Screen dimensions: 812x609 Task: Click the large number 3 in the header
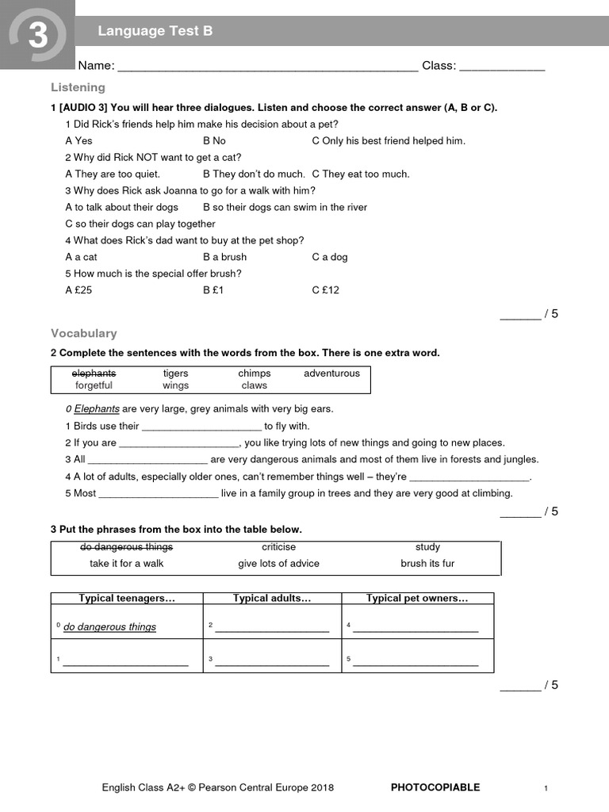click(x=38, y=36)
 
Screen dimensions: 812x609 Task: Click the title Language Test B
click(x=155, y=31)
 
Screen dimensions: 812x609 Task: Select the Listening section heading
click(x=78, y=87)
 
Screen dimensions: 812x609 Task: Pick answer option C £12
click(x=325, y=290)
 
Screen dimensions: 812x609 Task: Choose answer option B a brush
click(x=224, y=257)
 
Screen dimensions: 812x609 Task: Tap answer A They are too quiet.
click(x=113, y=174)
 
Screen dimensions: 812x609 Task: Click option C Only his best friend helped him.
click(x=389, y=140)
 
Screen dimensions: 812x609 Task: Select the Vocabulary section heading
click(x=83, y=334)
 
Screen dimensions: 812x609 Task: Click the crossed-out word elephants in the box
click(x=94, y=373)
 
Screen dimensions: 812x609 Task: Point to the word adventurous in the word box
click(x=331, y=373)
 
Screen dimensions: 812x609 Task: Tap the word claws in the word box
click(x=255, y=386)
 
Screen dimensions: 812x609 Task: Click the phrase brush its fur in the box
click(x=427, y=564)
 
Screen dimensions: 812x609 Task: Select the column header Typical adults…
click(x=272, y=599)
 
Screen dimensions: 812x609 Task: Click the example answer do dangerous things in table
click(x=109, y=627)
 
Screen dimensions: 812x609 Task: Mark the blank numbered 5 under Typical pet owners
click(x=416, y=661)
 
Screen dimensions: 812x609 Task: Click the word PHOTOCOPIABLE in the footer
click(x=435, y=787)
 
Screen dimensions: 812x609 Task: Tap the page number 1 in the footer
click(x=546, y=788)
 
